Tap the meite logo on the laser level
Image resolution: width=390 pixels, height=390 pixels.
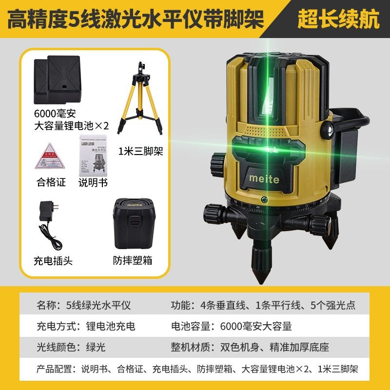point(264,179)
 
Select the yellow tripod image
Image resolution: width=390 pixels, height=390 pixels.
point(141,97)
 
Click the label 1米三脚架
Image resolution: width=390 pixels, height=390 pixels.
point(141,152)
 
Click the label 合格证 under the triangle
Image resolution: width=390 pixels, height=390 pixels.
point(51,183)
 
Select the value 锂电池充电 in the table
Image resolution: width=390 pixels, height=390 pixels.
point(101,326)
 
